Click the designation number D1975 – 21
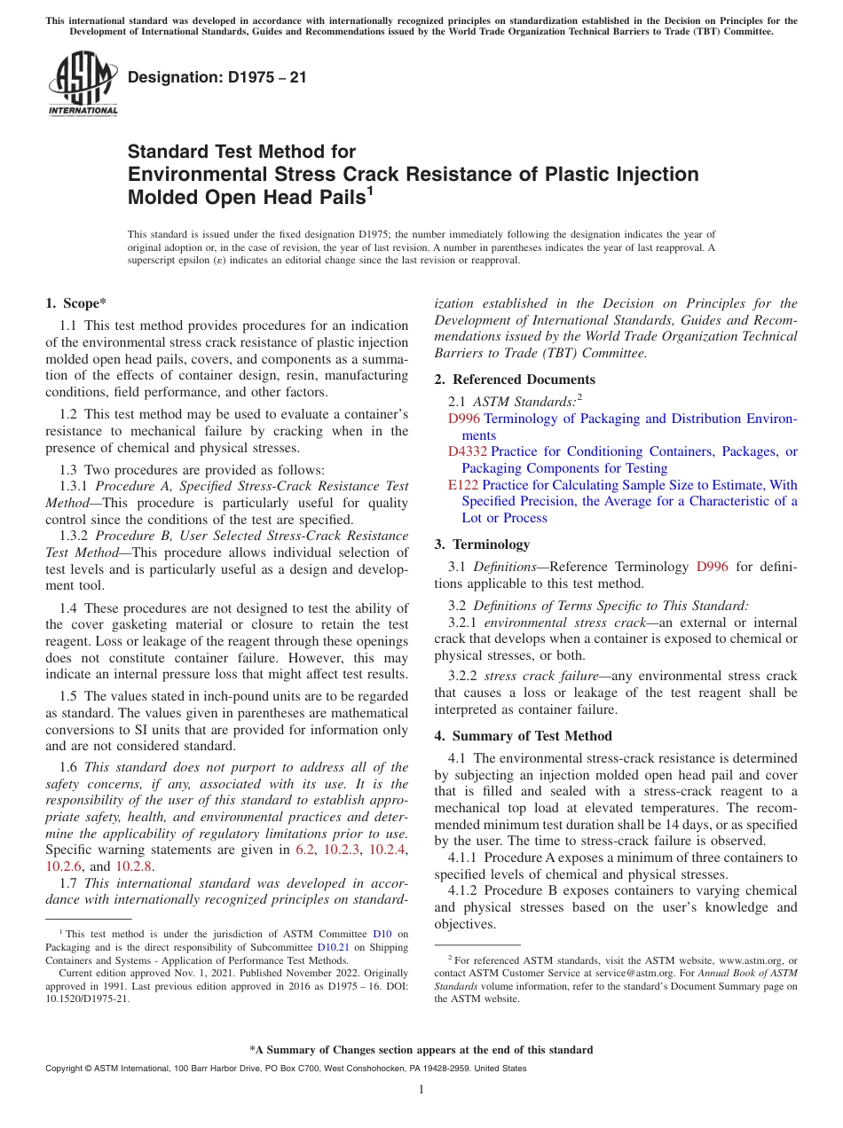[x=217, y=77]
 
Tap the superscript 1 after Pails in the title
[x=369, y=191]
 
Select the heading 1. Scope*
[x=76, y=303]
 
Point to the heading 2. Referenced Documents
[x=502, y=380]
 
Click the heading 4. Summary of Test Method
[x=523, y=736]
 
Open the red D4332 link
[x=467, y=451]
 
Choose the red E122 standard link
[x=462, y=485]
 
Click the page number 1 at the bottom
[x=421, y=1090]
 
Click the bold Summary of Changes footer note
[x=421, y=1050]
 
